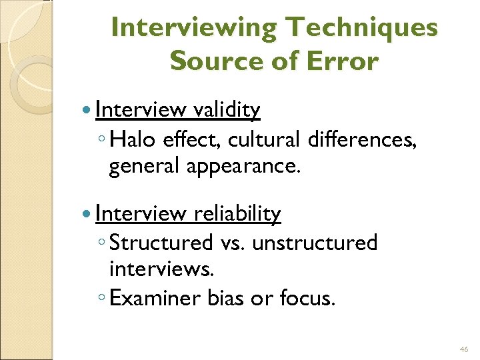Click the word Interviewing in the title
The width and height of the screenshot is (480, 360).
193,28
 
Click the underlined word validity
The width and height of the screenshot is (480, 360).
227,109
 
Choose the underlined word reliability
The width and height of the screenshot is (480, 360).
237,213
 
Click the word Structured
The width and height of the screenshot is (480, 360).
161,243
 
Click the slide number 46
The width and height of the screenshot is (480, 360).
464,349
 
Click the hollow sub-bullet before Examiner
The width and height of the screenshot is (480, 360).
100,299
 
